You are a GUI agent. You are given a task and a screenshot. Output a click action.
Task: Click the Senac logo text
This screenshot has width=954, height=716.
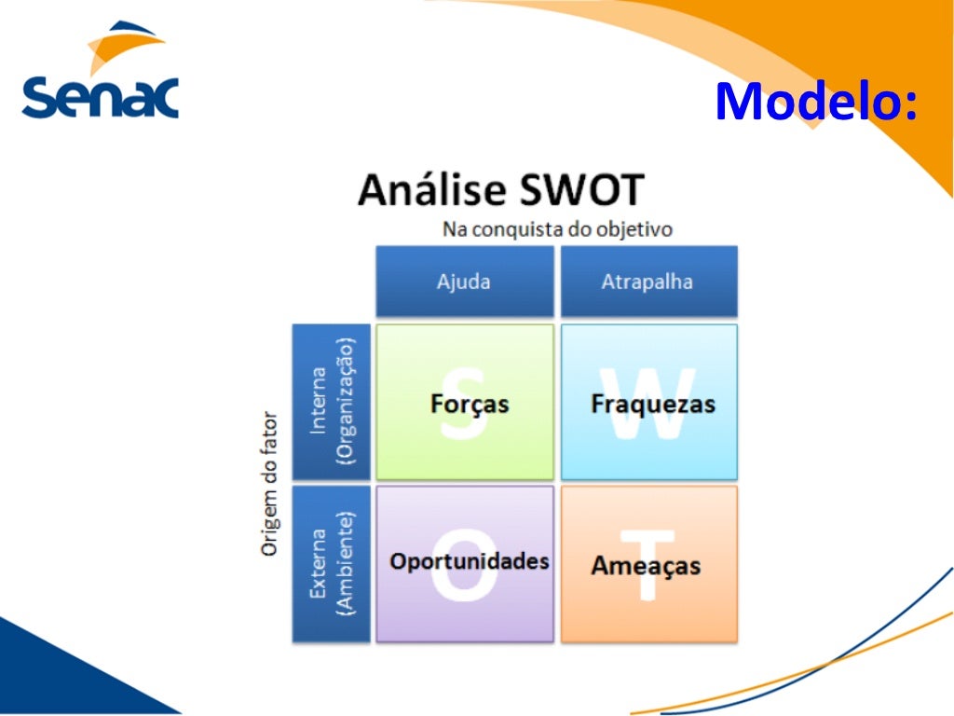[x=100, y=96]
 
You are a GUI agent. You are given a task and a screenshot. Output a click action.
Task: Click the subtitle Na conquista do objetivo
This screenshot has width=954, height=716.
[x=557, y=229]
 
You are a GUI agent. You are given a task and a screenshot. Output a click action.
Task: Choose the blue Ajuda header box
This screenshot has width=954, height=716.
[x=464, y=282]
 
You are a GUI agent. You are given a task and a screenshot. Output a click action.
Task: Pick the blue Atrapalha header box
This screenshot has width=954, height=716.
[x=647, y=282]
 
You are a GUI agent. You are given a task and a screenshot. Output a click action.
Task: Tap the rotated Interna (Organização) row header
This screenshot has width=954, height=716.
[x=332, y=402]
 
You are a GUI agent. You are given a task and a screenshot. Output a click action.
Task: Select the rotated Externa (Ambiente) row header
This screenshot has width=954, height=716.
[x=332, y=563]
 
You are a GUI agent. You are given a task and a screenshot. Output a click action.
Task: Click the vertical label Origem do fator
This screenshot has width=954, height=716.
[x=269, y=484]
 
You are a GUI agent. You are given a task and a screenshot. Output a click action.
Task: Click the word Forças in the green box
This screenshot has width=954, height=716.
[x=470, y=404]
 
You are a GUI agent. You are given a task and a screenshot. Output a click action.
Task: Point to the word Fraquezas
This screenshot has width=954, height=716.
[x=652, y=404]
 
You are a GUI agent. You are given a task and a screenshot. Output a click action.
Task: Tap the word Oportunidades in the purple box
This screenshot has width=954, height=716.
[x=469, y=561]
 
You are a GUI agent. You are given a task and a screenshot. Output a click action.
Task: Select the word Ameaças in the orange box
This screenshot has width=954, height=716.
[x=646, y=566]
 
